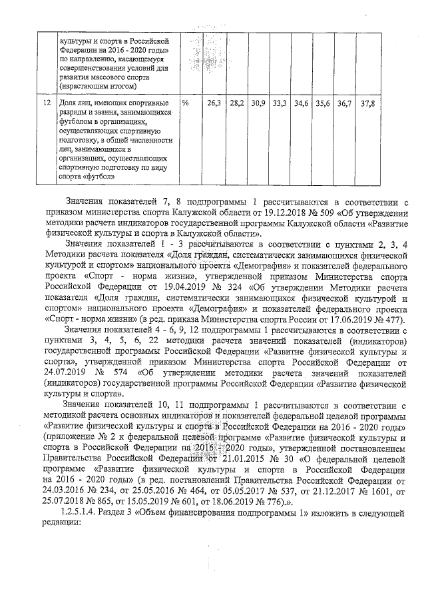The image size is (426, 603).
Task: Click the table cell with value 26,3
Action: (x=214, y=105)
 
